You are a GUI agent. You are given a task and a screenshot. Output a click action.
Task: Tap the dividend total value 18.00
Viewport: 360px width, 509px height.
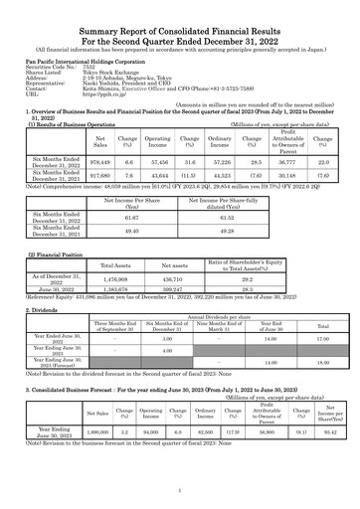tap(322, 364)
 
